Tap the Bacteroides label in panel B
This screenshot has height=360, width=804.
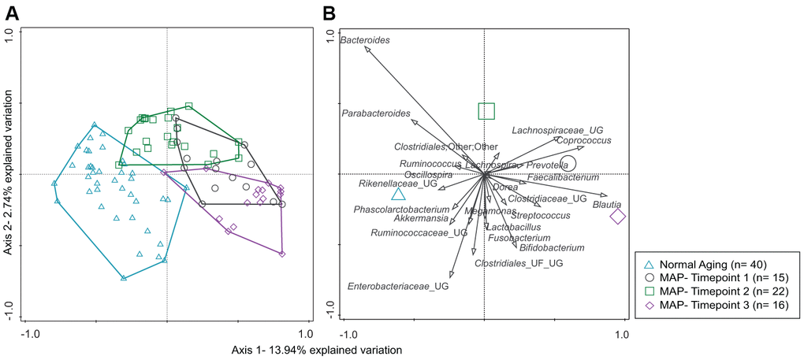(x=364, y=39)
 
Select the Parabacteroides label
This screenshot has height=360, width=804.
(x=376, y=113)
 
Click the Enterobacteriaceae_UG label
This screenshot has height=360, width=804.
(x=398, y=287)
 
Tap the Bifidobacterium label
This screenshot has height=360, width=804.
(x=553, y=247)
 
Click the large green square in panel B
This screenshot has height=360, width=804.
(x=486, y=111)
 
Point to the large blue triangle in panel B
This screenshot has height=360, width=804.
(x=399, y=195)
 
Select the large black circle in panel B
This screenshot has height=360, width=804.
(x=568, y=164)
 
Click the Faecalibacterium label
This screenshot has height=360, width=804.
(x=563, y=177)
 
